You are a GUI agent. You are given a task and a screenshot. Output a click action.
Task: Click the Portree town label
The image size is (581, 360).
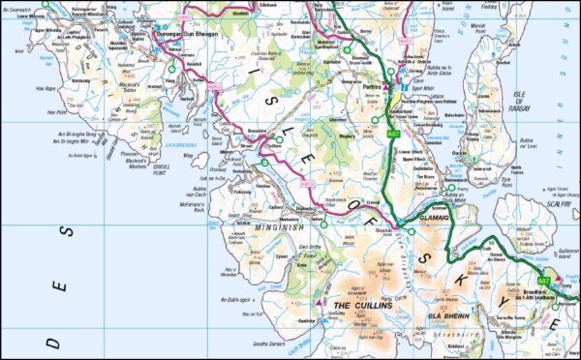click(x=367, y=84)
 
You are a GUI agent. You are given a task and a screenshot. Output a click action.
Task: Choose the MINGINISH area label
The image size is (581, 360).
click(x=255, y=228)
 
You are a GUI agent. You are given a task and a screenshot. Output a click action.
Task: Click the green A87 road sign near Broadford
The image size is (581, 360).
click(x=543, y=280)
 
